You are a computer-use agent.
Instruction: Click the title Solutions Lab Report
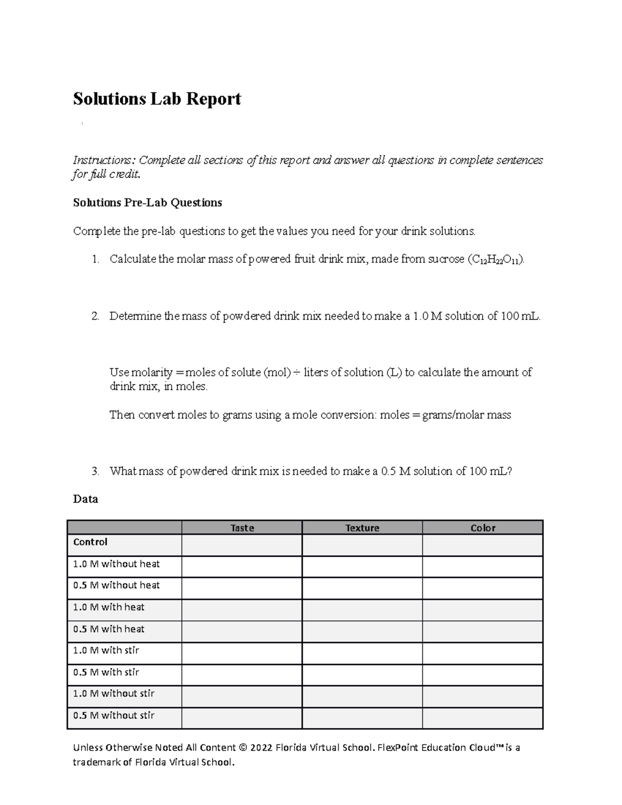pos(157,98)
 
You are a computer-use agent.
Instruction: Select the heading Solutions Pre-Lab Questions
pos(147,203)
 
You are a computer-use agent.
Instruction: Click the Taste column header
pos(242,528)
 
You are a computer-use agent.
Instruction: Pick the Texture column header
pos(362,528)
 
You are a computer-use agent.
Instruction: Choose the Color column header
pos(483,528)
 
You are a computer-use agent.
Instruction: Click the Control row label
pos(90,542)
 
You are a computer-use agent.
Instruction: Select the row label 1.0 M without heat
pos(116,564)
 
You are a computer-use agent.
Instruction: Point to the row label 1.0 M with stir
pos(106,650)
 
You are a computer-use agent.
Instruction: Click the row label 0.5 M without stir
pos(114,715)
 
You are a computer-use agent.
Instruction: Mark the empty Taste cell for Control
pos(242,545)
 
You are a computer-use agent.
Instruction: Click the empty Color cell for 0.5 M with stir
pos(483,675)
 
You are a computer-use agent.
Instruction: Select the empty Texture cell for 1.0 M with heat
pos(362,610)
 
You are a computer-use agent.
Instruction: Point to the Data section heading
pos(86,499)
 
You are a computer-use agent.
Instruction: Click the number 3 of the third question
pos(94,471)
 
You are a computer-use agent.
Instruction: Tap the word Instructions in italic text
pos(103,160)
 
